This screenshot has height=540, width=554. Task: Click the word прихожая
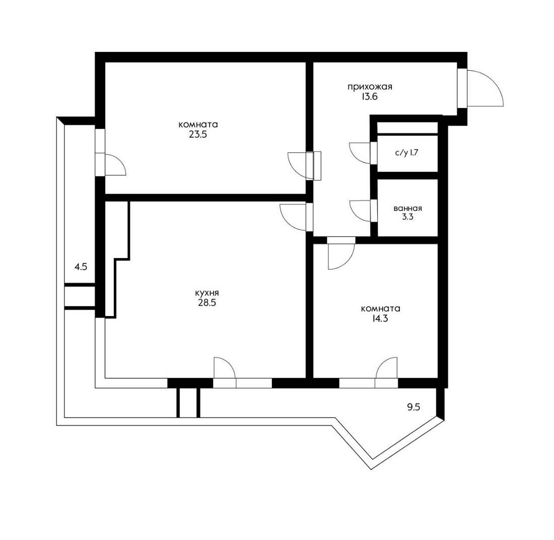tap(370, 87)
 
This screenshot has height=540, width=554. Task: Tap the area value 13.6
tap(369, 96)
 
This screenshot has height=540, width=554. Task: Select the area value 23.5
tap(198, 135)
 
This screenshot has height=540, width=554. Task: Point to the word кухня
tap(207, 293)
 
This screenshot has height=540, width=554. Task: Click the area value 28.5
tap(207, 303)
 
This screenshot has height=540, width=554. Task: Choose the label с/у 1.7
tap(406, 153)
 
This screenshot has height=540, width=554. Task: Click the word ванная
tap(408, 208)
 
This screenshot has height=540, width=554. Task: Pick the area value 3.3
tap(407, 217)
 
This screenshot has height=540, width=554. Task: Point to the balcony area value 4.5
tap(81, 267)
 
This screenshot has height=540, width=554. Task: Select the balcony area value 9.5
tap(413, 407)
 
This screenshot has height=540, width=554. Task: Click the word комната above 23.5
tap(198, 125)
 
